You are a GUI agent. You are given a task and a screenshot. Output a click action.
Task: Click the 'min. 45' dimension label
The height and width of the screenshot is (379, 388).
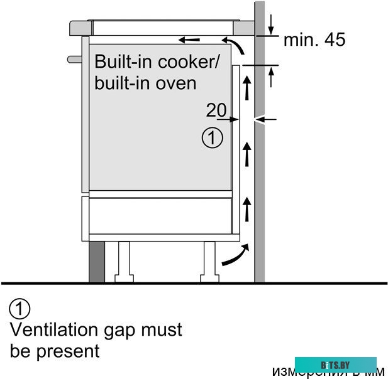point(314,41)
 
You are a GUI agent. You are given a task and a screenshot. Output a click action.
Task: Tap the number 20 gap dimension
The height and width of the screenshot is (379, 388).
point(216,110)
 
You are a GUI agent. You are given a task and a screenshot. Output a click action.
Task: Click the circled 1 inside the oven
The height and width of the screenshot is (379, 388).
point(213,138)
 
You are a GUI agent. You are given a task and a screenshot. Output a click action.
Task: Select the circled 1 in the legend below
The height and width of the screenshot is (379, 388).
point(20,309)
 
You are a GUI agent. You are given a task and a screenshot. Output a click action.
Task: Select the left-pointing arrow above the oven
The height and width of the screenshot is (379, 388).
point(189,40)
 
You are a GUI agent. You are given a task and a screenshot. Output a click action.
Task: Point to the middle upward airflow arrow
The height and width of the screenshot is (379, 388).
point(247,154)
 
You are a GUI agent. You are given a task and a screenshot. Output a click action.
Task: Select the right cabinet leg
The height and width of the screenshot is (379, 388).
point(209,261)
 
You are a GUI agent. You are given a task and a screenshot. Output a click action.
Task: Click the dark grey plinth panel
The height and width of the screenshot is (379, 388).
point(96,261)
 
